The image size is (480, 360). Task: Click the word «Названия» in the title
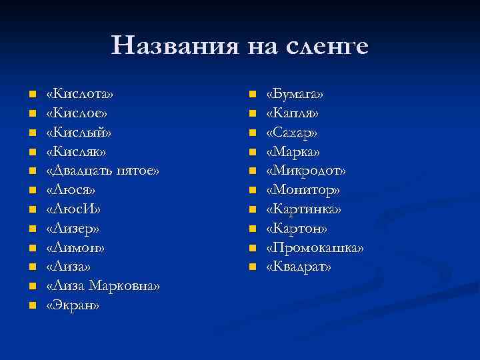click(175, 46)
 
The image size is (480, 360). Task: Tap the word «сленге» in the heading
click(327, 46)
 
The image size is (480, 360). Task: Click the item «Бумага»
click(295, 93)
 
